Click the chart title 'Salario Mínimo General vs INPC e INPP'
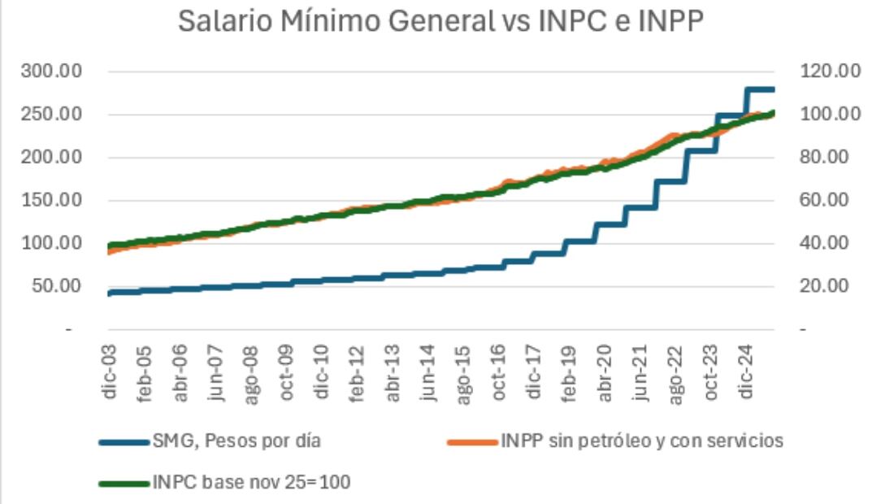[440, 23]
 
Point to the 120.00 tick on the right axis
[830, 72]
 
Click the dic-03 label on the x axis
[109, 370]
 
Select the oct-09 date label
[288, 370]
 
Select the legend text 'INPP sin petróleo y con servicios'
[641, 441]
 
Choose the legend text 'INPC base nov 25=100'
[250, 482]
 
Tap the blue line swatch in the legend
[124, 442]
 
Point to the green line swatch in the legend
[124, 483]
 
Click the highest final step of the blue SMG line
[760, 89]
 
